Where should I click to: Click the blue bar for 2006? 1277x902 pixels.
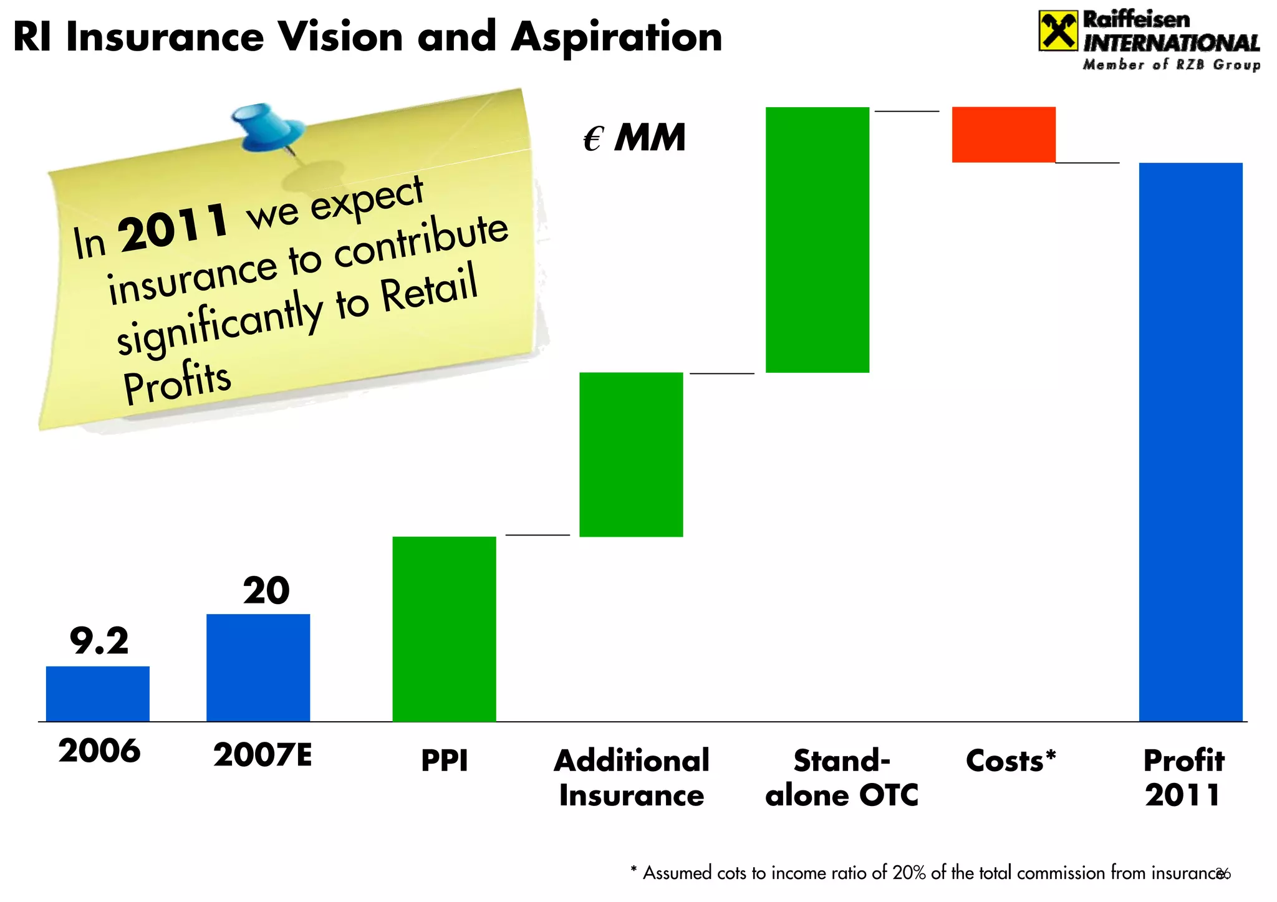point(98,693)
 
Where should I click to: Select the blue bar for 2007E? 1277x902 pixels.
point(258,667)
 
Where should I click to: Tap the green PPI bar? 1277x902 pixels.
point(444,628)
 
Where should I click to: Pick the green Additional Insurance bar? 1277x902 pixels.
point(631,454)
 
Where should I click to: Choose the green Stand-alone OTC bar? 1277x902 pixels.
point(817,240)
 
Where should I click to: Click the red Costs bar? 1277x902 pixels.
point(1003,135)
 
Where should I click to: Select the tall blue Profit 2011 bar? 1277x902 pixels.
point(1190,441)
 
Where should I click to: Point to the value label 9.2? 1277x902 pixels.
point(99,641)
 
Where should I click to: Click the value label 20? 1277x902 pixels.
point(266,590)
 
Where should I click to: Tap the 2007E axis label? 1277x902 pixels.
point(263,755)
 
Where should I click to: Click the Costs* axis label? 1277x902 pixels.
point(1011,760)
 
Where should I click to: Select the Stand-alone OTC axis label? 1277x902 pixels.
point(842,778)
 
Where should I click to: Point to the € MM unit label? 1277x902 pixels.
point(634,138)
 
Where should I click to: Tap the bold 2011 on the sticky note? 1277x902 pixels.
point(174,228)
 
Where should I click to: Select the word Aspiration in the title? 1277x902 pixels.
point(616,37)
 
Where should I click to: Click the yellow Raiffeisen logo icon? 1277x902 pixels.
point(1058,31)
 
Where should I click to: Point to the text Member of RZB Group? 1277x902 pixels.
point(1171,65)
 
